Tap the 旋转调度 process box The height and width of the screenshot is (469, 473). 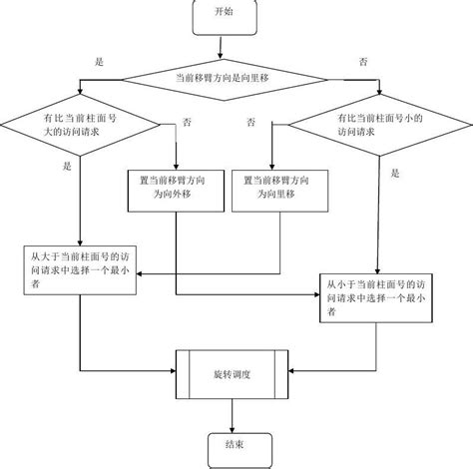[x=232, y=374]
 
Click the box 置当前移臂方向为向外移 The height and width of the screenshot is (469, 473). [x=175, y=190]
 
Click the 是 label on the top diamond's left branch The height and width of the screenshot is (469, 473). [x=98, y=62]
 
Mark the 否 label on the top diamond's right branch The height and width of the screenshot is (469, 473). [x=362, y=62]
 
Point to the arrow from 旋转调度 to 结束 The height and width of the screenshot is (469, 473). [x=233, y=413]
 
